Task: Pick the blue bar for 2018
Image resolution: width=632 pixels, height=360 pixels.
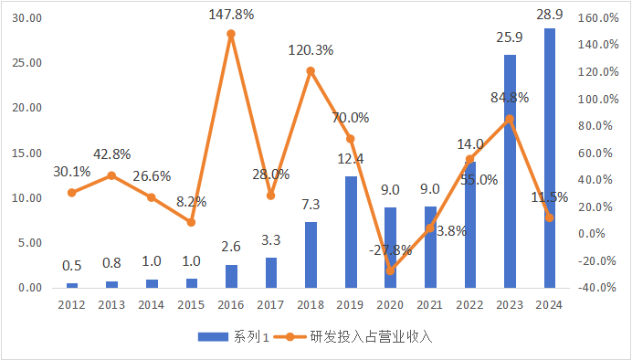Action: click(x=311, y=255)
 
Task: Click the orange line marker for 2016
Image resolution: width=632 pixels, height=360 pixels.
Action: click(x=231, y=34)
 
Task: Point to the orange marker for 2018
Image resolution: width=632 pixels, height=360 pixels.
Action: click(x=311, y=70)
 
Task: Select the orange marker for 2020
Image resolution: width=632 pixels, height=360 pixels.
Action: click(x=390, y=270)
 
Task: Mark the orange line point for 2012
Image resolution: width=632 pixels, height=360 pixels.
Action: click(x=72, y=192)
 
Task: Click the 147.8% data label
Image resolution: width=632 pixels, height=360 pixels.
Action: click(x=231, y=15)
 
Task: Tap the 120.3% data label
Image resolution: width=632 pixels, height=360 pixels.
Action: click(x=311, y=50)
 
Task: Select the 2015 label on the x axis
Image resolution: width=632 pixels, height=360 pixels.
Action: click(x=191, y=303)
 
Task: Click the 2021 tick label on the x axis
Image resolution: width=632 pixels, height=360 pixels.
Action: click(x=430, y=303)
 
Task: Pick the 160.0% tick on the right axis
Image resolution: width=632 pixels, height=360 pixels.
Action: click(x=599, y=18)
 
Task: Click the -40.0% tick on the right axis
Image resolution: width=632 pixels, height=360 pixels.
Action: click(x=599, y=288)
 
